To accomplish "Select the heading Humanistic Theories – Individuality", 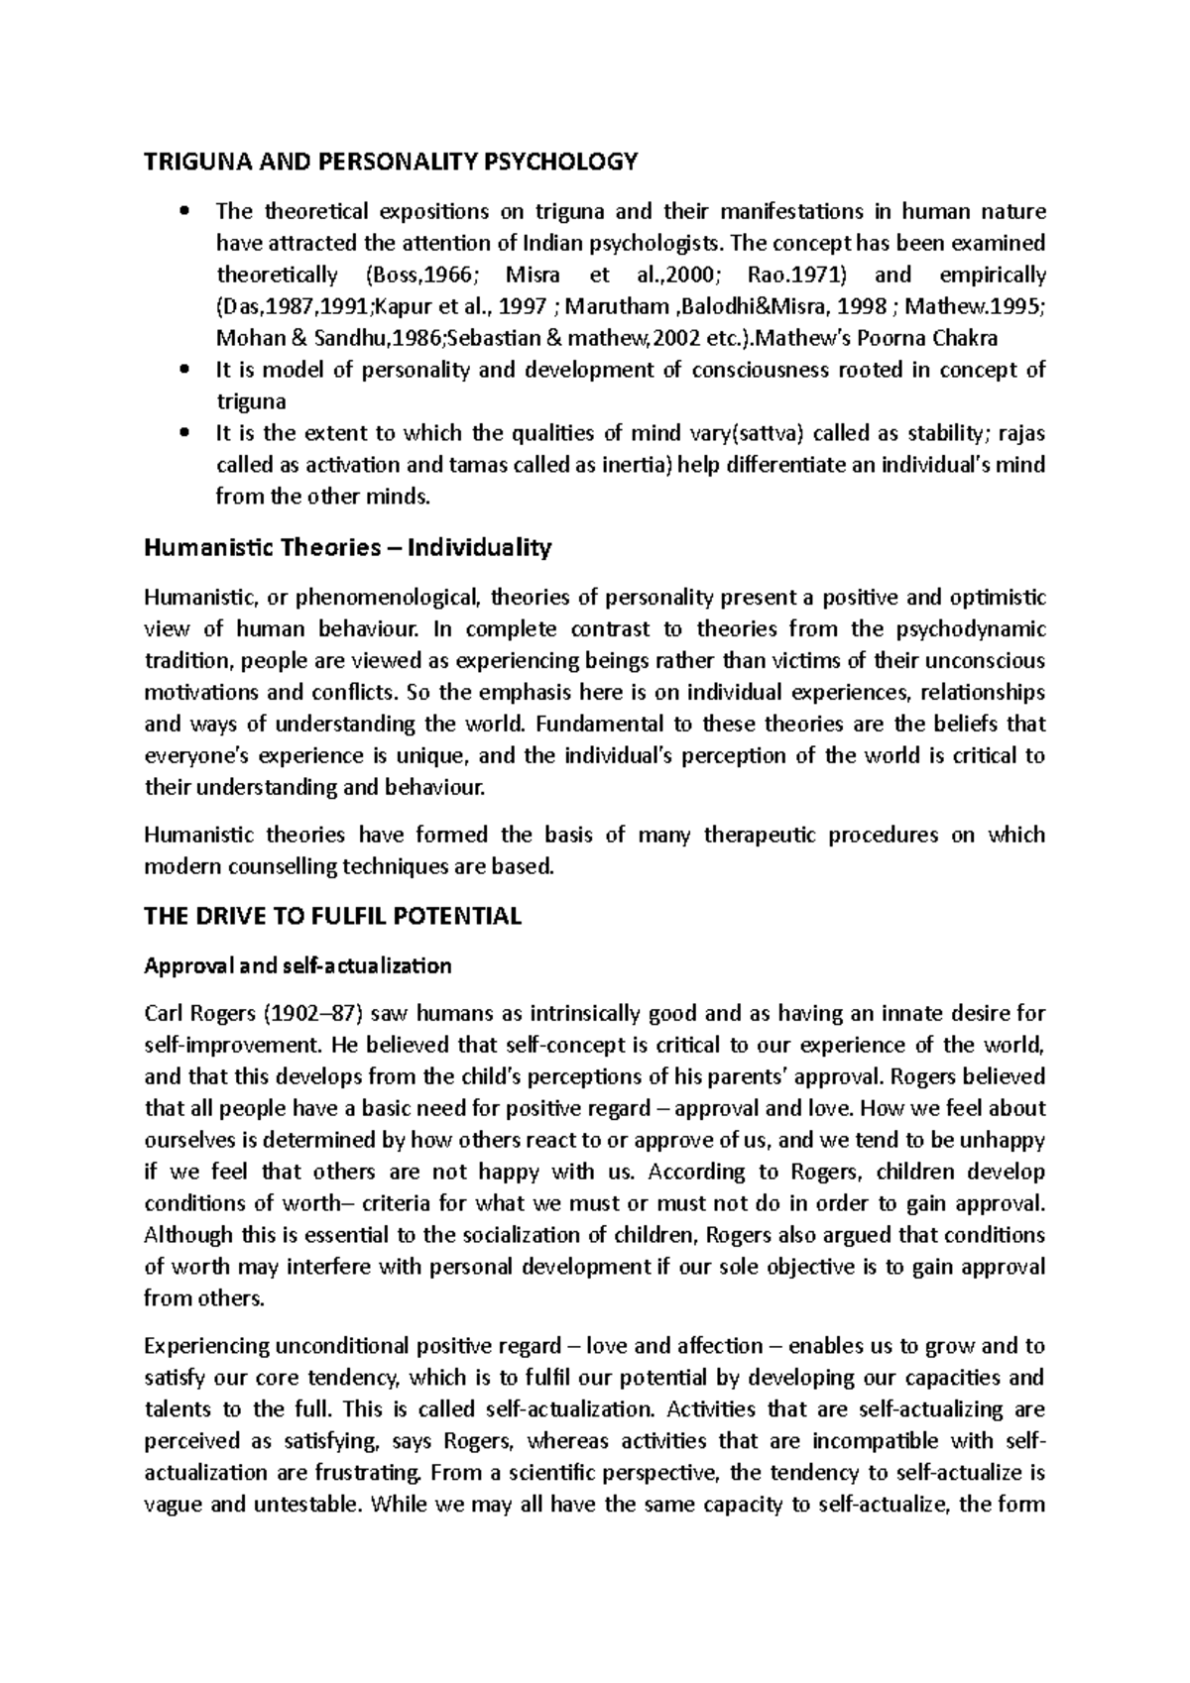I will [347, 547].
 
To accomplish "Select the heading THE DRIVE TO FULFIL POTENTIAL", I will [332, 916].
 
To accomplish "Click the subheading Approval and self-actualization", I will [297, 965].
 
